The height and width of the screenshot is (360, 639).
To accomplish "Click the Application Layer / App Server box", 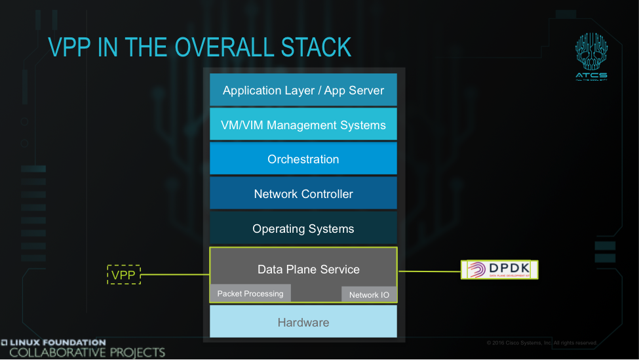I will coord(303,90).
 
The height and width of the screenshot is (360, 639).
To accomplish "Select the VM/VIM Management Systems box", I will coord(303,125).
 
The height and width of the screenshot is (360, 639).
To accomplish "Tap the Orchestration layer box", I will coord(303,159).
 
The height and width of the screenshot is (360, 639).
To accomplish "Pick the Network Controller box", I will coord(303,194).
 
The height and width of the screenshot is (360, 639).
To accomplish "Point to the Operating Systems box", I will coord(303,229).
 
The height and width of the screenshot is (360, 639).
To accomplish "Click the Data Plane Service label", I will coord(308,270).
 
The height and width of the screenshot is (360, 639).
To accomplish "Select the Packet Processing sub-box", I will coord(250,293).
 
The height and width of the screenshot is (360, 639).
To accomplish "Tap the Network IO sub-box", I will coord(369,294).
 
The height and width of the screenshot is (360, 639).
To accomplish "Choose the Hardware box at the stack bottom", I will coord(303,322).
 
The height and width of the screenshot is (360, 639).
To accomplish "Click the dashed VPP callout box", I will coord(123,275).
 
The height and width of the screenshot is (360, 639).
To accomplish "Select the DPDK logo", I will coord(499,270).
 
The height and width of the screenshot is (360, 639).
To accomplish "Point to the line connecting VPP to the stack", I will coord(175,275).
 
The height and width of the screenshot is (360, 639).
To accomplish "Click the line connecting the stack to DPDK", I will coord(429,270).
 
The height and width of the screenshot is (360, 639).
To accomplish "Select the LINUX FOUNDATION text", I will coord(54,342).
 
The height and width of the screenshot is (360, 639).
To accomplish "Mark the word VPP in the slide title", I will coord(70,47).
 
